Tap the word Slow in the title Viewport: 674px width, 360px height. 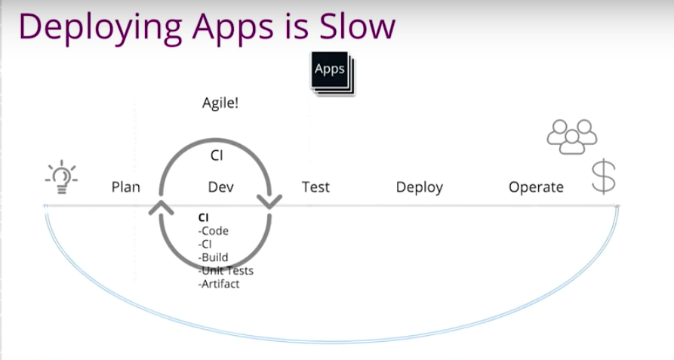pyautogui.click(x=357, y=26)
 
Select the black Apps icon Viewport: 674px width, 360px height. pyautogui.click(x=333, y=73)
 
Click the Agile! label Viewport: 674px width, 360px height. pyautogui.click(x=220, y=103)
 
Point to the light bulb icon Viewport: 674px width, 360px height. pyautogui.click(x=61, y=177)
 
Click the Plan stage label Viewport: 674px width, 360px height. pyautogui.click(x=125, y=187)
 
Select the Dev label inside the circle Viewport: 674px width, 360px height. pyautogui.click(x=221, y=187)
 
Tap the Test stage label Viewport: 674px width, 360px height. pyautogui.click(x=315, y=187)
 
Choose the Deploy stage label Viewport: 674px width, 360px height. pyautogui.click(x=420, y=188)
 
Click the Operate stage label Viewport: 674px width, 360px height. pyautogui.click(x=536, y=188)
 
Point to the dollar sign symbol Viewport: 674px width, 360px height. pyautogui.click(x=604, y=176)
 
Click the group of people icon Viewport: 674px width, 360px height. pyautogui.click(x=572, y=137)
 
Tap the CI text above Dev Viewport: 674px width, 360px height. pyautogui.click(x=217, y=155)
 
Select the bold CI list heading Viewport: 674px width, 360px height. pyautogui.click(x=203, y=218)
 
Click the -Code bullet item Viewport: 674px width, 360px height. pyautogui.click(x=213, y=231)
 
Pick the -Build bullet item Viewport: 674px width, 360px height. pyautogui.click(x=213, y=257)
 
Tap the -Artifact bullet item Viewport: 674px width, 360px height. pyautogui.click(x=219, y=284)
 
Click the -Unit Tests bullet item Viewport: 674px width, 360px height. pyautogui.click(x=226, y=271)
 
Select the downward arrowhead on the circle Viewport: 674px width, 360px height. pyautogui.click(x=269, y=202)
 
